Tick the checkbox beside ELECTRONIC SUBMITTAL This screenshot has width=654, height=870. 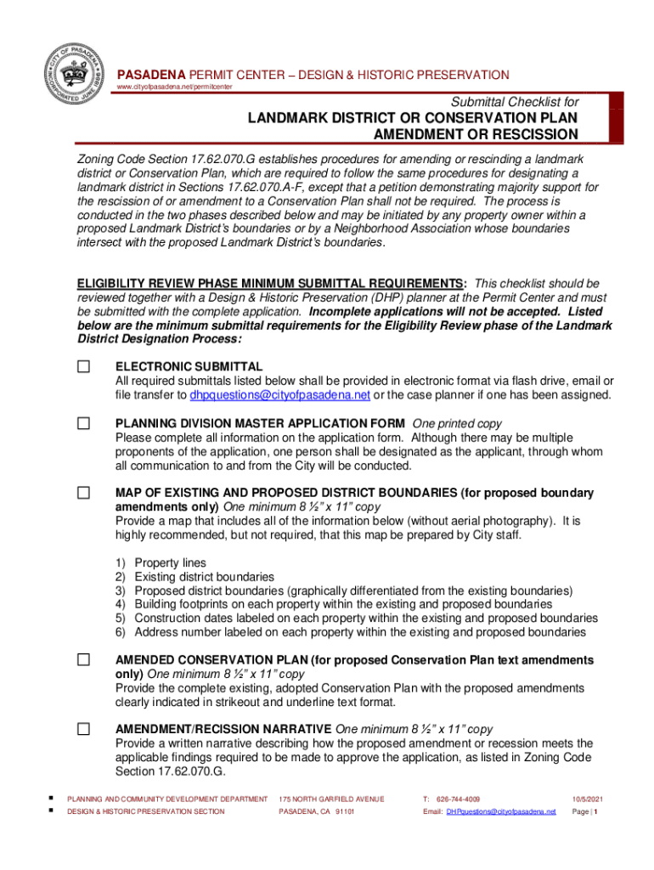tap(83, 366)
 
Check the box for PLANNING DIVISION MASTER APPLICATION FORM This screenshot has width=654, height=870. tap(83, 423)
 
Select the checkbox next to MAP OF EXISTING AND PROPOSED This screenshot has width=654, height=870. tap(83, 493)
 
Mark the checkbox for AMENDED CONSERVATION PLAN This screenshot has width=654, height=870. tap(83, 659)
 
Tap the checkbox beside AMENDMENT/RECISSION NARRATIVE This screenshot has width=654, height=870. tap(83, 729)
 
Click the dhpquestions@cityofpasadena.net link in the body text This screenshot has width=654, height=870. tap(279, 395)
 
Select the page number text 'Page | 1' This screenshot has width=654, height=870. tap(586, 811)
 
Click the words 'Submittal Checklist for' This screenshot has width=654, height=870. tap(515, 102)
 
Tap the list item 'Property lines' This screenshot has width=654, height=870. tap(170, 562)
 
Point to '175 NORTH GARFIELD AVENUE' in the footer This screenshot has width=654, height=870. tap(332, 799)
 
